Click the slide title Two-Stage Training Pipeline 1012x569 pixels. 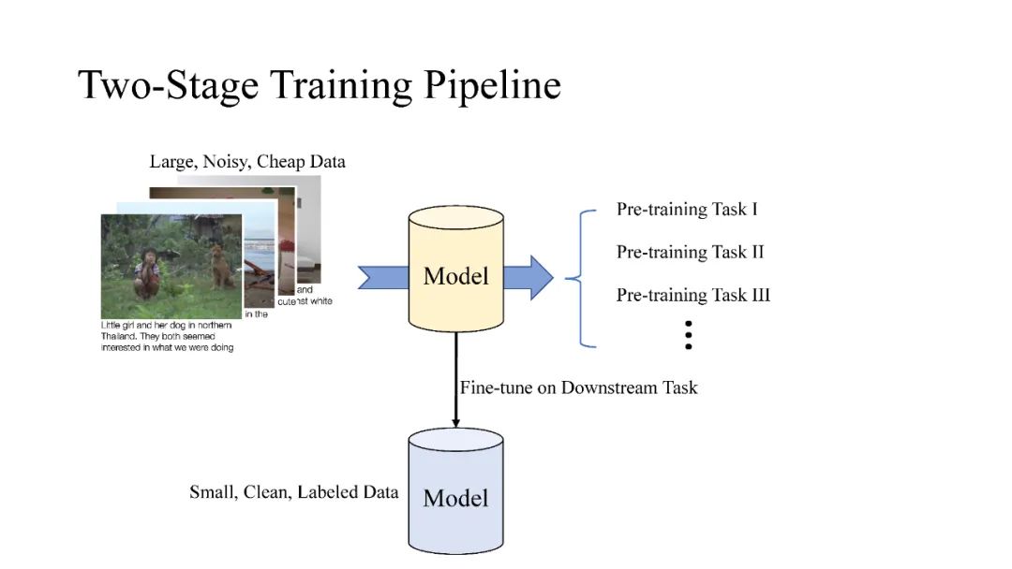320,85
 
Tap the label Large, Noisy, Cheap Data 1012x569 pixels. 247,162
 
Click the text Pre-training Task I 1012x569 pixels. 687,209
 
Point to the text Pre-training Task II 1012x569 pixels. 690,252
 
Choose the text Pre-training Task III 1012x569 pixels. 692,295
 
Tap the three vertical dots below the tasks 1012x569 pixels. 688,334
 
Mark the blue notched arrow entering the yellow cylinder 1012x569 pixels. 384,277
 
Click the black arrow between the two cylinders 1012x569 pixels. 456,379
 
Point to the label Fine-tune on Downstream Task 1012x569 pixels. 578,387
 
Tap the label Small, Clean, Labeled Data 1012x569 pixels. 293,492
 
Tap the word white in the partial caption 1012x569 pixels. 319,301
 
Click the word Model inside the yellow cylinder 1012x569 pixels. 456,276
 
